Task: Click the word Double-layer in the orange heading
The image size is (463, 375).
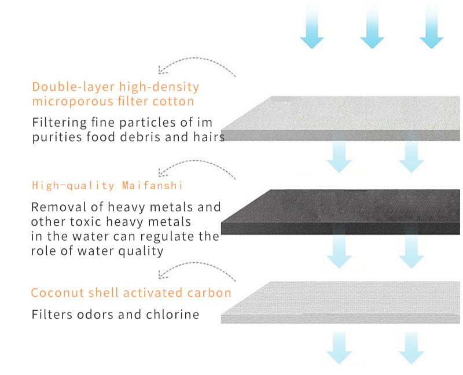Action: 74,87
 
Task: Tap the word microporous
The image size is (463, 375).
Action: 73,102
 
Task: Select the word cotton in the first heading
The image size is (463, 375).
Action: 173,101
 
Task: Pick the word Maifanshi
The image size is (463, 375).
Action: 152,185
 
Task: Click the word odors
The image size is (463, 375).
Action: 95,314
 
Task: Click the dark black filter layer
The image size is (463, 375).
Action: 340,212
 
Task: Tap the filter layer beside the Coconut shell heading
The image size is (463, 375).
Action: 340,302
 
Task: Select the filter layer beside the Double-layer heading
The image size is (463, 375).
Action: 340,118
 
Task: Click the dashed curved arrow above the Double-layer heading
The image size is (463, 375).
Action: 196,58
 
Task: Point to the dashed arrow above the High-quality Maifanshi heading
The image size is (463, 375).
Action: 196,161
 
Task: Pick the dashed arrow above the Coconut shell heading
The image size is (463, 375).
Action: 196,263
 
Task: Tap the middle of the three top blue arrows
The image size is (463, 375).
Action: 372,27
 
